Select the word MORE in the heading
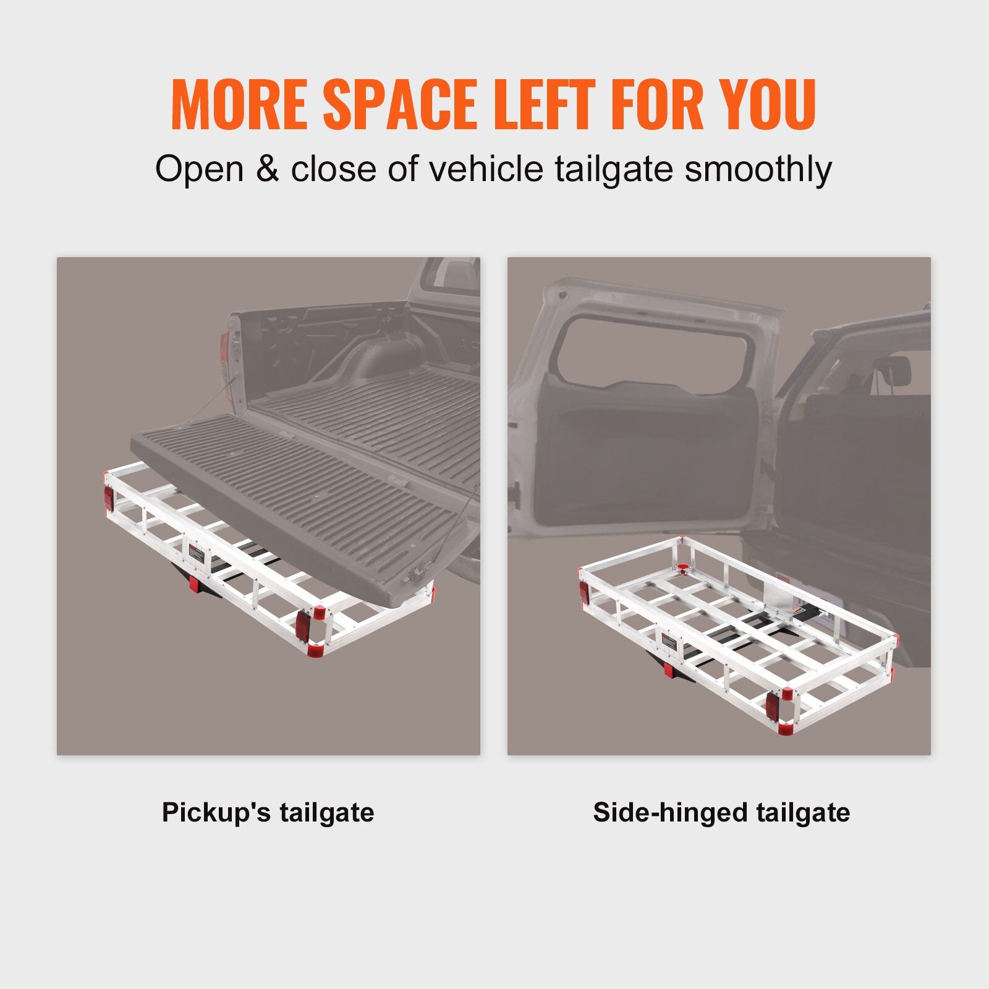tap(239, 104)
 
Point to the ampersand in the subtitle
tap(267, 169)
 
